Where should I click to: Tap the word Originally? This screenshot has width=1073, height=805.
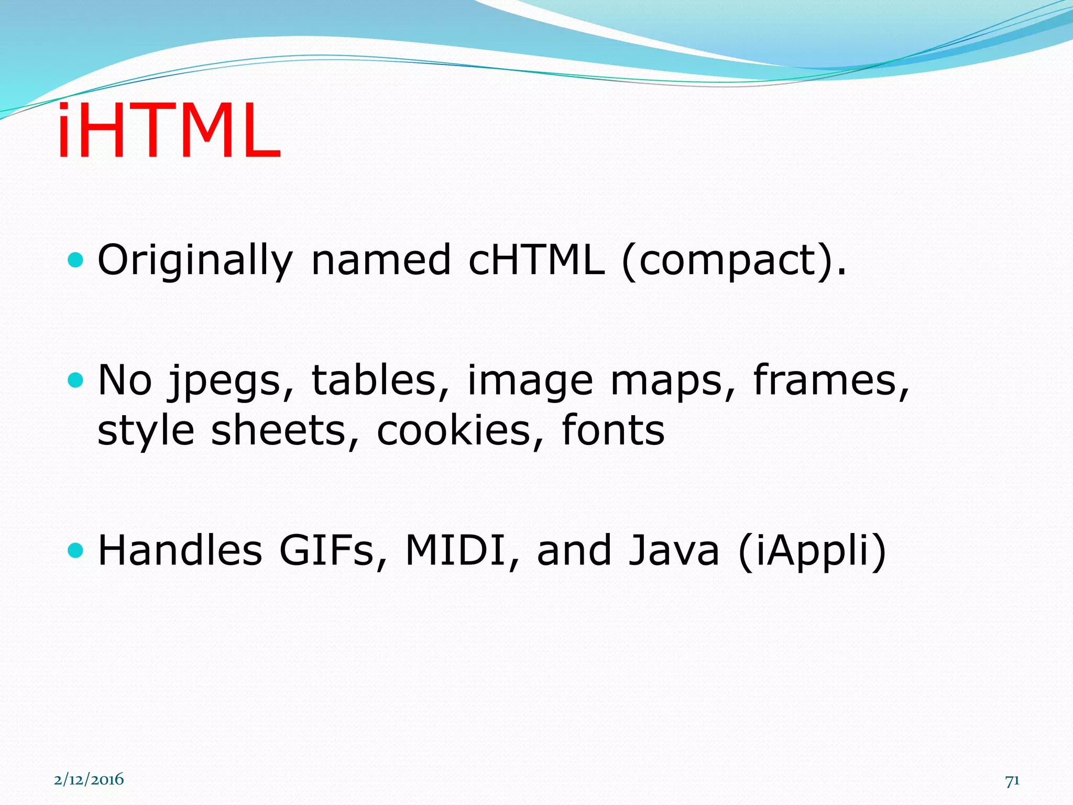point(195,260)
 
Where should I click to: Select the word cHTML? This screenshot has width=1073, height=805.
point(535,260)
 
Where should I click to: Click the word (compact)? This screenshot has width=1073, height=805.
point(733,261)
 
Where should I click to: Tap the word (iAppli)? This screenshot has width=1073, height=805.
point(812,551)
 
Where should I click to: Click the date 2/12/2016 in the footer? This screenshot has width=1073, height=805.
point(89,780)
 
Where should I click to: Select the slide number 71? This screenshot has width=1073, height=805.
point(1012,781)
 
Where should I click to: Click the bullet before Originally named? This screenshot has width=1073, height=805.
point(76,259)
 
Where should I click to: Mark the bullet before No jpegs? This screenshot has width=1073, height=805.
point(76,379)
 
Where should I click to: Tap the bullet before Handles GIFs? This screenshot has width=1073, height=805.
point(76,550)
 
